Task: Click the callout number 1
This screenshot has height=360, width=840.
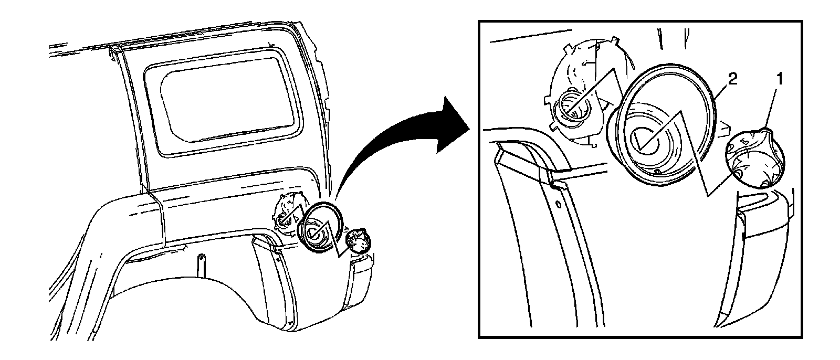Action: pyautogui.click(x=780, y=79)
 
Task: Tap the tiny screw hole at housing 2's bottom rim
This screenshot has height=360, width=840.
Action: pyautogui.click(x=658, y=172)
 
